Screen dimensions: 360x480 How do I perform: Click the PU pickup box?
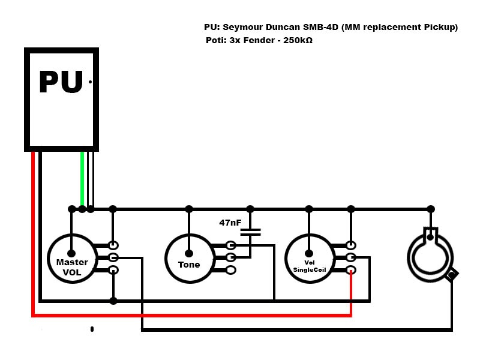[61, 99]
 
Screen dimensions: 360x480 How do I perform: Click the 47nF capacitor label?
[230, 223]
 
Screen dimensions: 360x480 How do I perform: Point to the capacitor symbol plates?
[250, 232]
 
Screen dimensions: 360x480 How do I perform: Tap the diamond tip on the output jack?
[452, 274]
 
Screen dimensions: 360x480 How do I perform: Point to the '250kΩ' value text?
[296, 41]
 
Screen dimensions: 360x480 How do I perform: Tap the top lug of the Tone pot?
[231, 245]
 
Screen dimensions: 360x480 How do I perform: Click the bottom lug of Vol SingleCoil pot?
[351, 270]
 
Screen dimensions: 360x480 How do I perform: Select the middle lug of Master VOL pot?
[113, 257]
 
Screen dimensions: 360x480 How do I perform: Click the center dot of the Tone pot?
[189, 253]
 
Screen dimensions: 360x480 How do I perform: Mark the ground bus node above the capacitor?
[250, 209]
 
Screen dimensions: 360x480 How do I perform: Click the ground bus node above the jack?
[430, 209]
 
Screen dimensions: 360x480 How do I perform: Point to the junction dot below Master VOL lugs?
[113, 300]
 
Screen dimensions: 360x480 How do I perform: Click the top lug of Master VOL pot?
[113, 245]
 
